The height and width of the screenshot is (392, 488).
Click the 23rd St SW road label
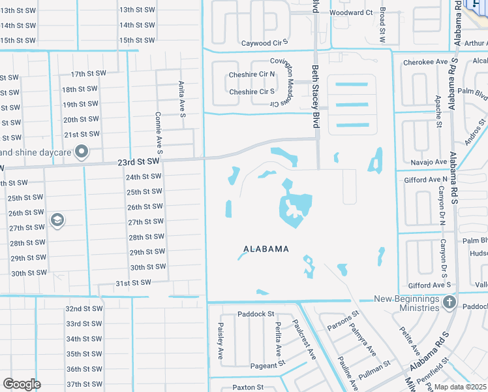pos(138,161)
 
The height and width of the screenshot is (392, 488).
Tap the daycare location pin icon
pos(82,152)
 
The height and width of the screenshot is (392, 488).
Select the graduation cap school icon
pos(57,220)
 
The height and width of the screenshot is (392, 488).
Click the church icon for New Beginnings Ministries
pos(449,302)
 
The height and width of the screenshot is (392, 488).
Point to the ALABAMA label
pos(266,249)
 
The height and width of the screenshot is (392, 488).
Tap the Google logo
pos(22,384)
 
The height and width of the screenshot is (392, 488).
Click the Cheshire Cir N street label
pos(251,75)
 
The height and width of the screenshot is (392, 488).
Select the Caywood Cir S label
pos(265,43)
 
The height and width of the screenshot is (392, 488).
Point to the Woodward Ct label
pos(351,12)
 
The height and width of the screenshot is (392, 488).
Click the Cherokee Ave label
pos(425,62)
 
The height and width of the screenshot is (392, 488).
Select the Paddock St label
pos(256,314)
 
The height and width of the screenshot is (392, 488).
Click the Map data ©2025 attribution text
pos(459,387)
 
